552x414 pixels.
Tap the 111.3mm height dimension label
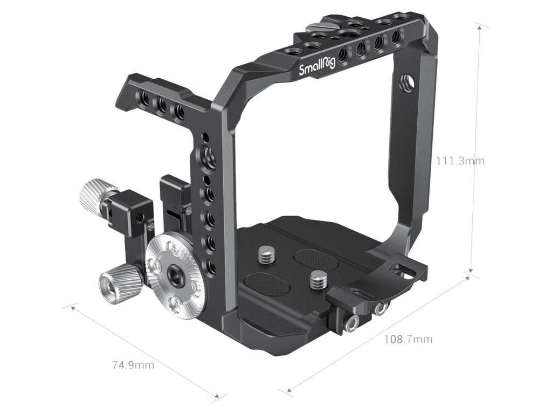click(x=460, y=161)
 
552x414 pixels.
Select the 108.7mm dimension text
click(x=408, y=340)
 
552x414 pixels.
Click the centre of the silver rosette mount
click(x=174, y=274)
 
